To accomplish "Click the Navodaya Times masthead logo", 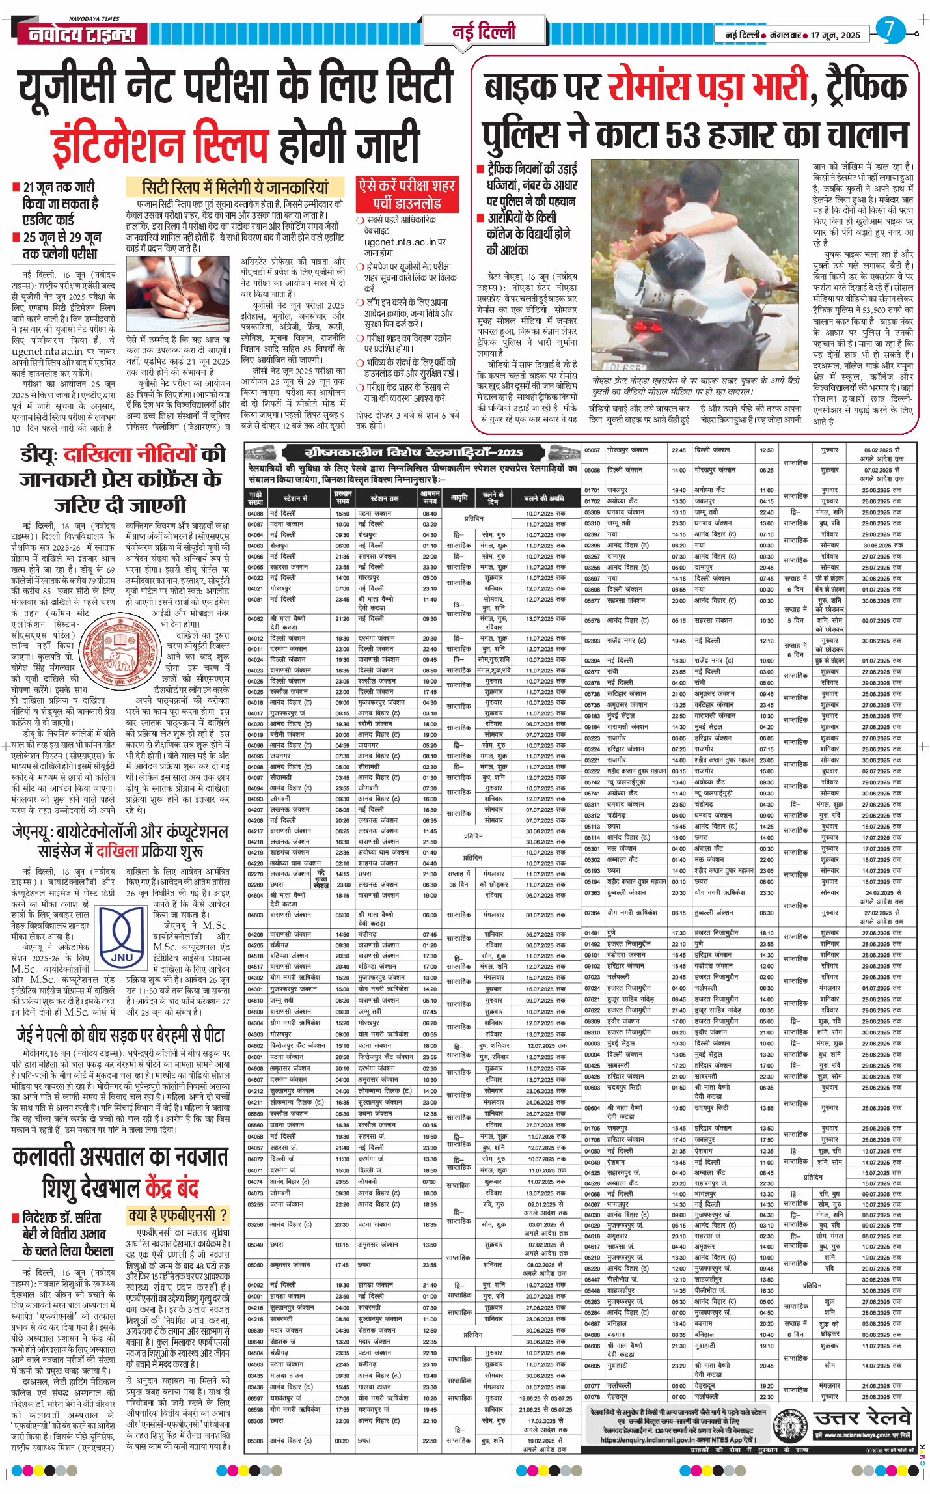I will pos(82,34).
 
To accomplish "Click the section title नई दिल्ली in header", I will pos(484,31).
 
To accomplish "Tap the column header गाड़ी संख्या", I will pos(256,498).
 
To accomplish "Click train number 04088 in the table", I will pos(255,514).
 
